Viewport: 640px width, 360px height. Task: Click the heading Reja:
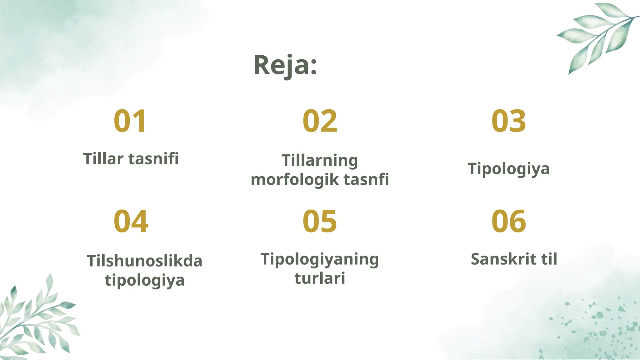(285, 65)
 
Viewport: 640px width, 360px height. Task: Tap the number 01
(130, 121)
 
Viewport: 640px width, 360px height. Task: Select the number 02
(320, 121)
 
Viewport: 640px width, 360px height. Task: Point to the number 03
(508, 121)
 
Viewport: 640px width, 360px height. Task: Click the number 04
(131, 221)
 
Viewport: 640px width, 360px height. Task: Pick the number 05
(320, 221)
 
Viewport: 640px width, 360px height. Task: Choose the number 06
(508, 221)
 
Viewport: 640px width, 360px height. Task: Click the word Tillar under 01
(103, 158)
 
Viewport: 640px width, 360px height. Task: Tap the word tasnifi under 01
(153, 158)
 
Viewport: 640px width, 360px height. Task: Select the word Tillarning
(320, 161)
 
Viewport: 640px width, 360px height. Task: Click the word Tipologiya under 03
(508, 169)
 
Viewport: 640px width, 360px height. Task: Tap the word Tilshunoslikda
(144, 261)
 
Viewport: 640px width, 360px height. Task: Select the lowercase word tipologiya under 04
(144, 280)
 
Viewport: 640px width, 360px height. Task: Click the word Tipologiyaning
(320, 259)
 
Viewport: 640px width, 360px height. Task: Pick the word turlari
(320, 278)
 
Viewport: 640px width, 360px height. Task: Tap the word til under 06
(549, 259)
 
